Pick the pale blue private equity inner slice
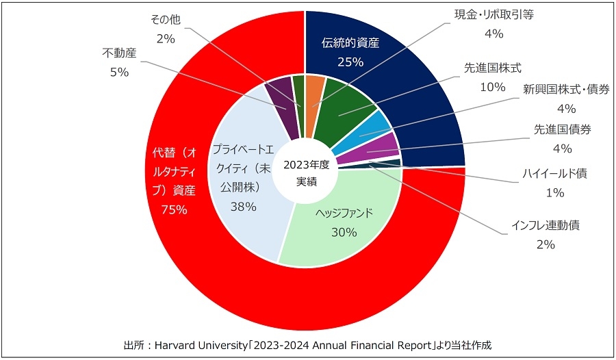pyautogui.click(x=243, y=205)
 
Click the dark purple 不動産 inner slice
pyautogui.click(x=279, y=96)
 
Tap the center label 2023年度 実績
pyautogui.click(x=306, y=172)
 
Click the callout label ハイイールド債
pyautogui.click(x=555, y=173)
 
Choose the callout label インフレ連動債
pyautogui.click(x=546, y=224)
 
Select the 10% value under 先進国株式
pyautogui.click(x=493, y=87)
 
